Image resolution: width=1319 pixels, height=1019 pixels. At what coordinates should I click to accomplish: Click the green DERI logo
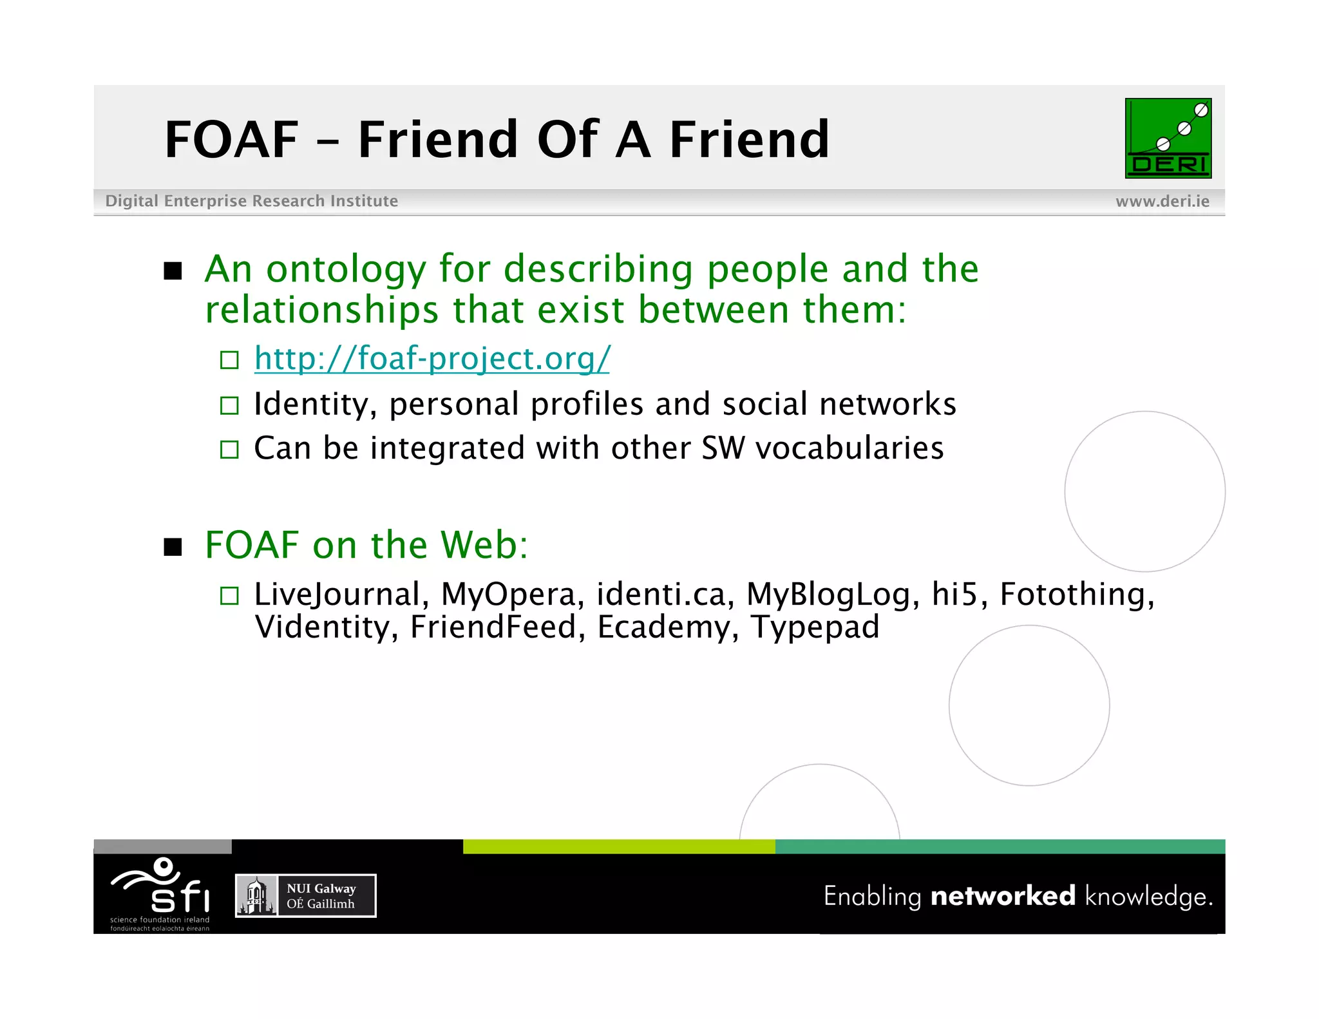(1168, 138)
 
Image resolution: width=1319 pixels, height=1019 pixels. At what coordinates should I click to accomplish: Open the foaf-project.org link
(432, 358)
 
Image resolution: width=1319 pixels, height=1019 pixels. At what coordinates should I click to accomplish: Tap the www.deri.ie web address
(1162, 201)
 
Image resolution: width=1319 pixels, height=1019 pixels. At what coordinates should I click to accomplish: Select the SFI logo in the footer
(161, 893)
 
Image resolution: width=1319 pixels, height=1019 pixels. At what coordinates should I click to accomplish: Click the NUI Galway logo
(305, 895)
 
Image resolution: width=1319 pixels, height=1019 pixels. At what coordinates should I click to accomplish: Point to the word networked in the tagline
(1003, 896)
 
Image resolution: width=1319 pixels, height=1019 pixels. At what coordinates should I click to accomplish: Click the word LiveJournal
(337, 594)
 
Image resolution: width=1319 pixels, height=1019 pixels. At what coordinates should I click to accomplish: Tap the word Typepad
(815, 627)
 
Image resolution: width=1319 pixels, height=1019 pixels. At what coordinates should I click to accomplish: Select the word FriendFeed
(493, 627)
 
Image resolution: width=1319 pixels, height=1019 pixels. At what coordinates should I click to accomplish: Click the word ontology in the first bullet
(346, 269)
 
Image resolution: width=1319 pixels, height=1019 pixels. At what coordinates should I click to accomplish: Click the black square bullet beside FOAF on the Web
(173, 547)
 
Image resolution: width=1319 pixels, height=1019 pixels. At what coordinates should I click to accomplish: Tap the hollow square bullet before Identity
(229, 405)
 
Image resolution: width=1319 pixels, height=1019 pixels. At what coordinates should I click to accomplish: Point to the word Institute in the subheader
(364, 201)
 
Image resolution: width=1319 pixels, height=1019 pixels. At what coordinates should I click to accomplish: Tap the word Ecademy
(663, 627)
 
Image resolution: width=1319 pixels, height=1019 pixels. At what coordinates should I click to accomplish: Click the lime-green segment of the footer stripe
(618, 846)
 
